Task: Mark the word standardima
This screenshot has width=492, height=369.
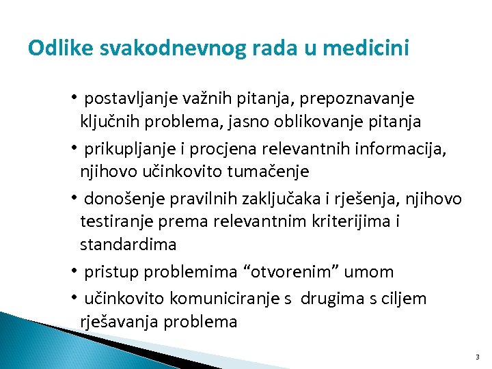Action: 128,245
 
